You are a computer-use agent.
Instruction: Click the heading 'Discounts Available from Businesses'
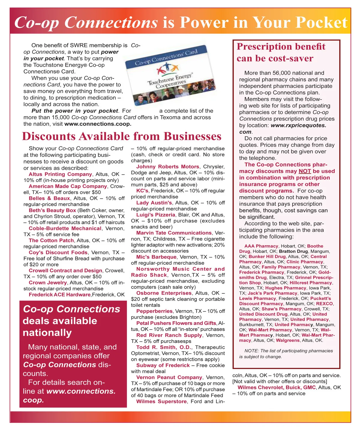[121, 136]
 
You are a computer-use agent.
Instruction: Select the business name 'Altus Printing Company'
[60, 174]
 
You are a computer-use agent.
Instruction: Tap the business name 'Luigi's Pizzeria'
[155, 215]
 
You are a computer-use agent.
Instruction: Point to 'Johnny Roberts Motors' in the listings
[167, 167]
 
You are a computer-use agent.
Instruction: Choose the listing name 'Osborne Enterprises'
[163, 293]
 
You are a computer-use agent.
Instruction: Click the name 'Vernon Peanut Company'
[169, 377]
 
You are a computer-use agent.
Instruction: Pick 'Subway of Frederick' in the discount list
[163, 365]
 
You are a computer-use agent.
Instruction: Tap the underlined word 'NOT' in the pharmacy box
[304, 171]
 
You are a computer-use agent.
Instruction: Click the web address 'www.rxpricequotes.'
[298, 125]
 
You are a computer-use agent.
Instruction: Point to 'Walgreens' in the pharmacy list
[288, 340]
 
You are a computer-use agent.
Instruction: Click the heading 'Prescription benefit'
[281, 47]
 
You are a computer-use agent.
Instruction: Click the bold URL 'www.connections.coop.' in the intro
[98, 124]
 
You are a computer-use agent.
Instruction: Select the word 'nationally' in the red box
[47, 333]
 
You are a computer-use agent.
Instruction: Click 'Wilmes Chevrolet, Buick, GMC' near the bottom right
[276, 387]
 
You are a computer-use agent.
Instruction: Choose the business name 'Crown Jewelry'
[48, 283]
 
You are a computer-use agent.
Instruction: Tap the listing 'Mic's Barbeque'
[156, 257]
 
